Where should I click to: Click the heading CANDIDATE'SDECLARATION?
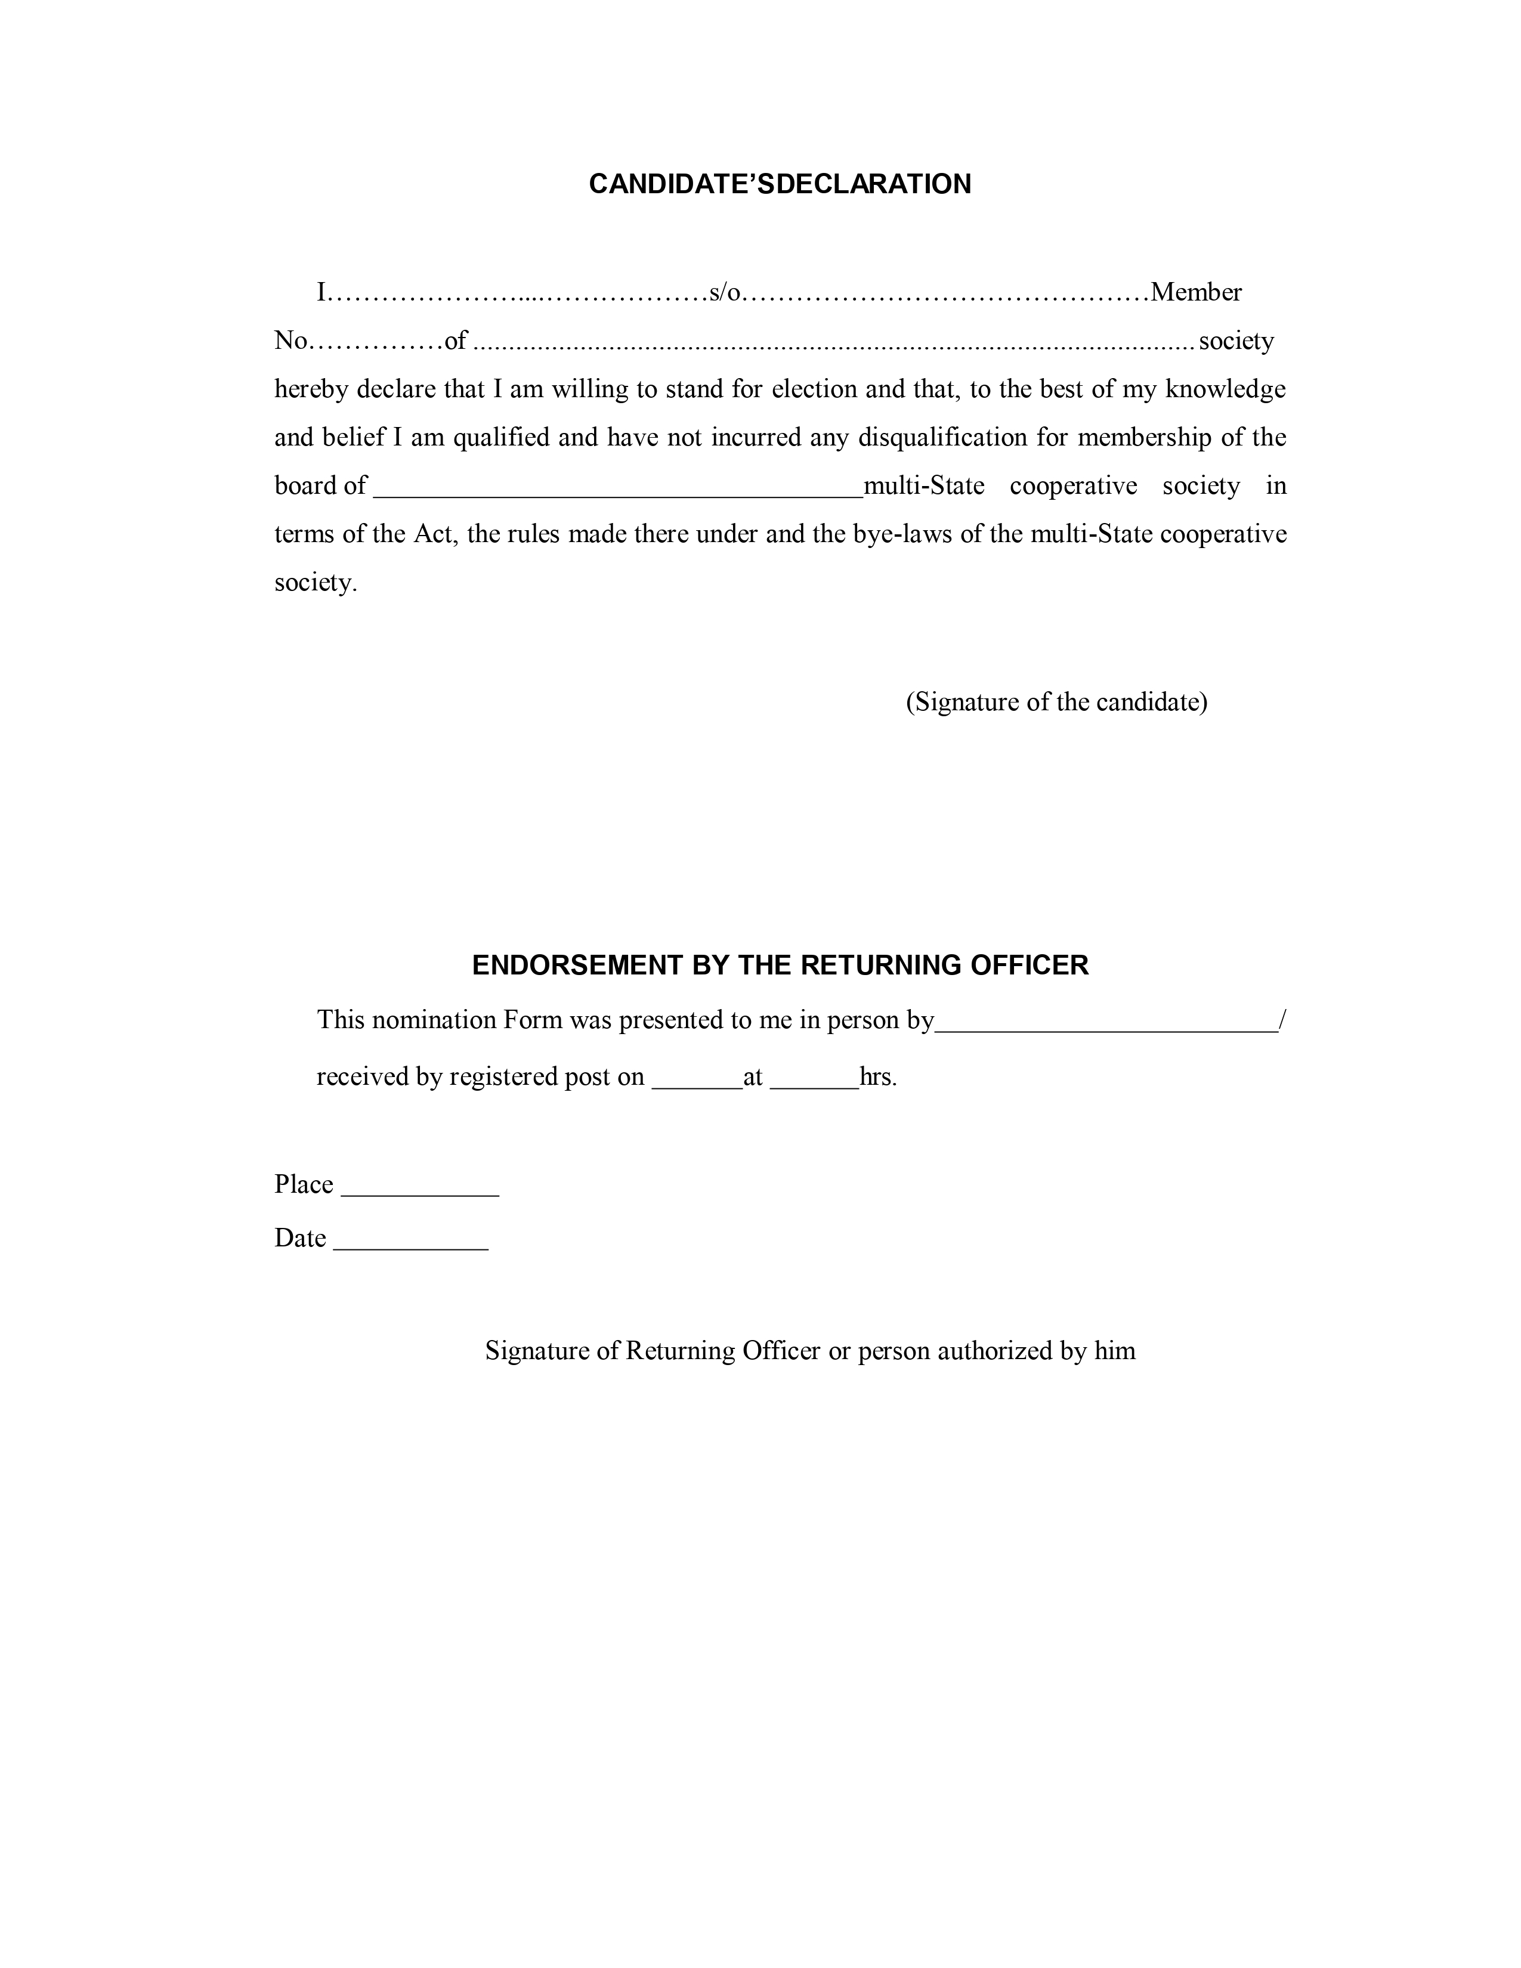pos(780,184)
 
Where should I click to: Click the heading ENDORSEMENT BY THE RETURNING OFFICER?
pos(780,965)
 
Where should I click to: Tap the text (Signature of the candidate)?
pos(1056,702)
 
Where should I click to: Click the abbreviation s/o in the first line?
pos(725,293)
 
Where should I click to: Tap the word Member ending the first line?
pos(1196,293)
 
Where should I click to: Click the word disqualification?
pos(942,438)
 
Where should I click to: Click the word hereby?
pos(312,389)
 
